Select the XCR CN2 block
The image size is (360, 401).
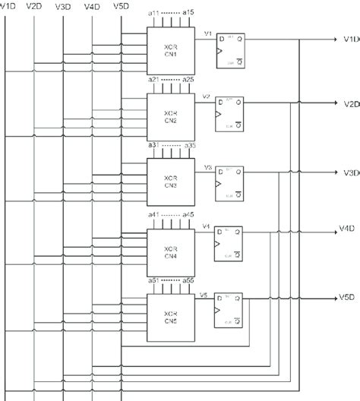(170, 115)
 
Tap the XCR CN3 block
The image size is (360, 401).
(170, 180)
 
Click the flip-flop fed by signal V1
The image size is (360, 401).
(231, 51)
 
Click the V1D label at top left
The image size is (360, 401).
(8, 6)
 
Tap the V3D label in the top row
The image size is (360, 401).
(64, 6)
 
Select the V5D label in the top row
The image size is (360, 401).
(120, 6)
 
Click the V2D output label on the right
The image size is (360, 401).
(350, 103)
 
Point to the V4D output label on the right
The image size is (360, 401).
(348, 228)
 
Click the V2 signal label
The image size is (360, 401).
(206, 97)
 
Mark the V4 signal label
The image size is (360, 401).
(205, 226)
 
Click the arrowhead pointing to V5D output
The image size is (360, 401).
(333, 297)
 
